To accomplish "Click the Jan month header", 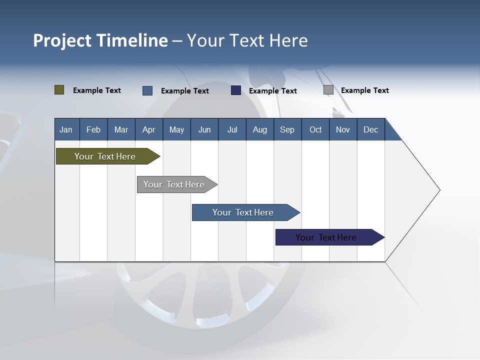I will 66,129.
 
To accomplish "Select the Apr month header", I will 149,129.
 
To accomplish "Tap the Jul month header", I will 232,129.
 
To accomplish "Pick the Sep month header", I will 287,129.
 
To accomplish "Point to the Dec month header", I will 370,129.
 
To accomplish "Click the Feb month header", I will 93,129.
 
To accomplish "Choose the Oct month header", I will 315,129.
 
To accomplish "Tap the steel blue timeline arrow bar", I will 243,212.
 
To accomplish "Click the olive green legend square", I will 59,90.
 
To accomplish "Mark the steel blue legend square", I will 147,90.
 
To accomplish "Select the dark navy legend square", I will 236,90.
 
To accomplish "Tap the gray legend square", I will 328,90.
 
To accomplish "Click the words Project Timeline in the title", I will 100,40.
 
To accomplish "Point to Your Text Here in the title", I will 247,40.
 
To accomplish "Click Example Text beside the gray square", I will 364,90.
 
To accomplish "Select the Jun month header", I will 204,129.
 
